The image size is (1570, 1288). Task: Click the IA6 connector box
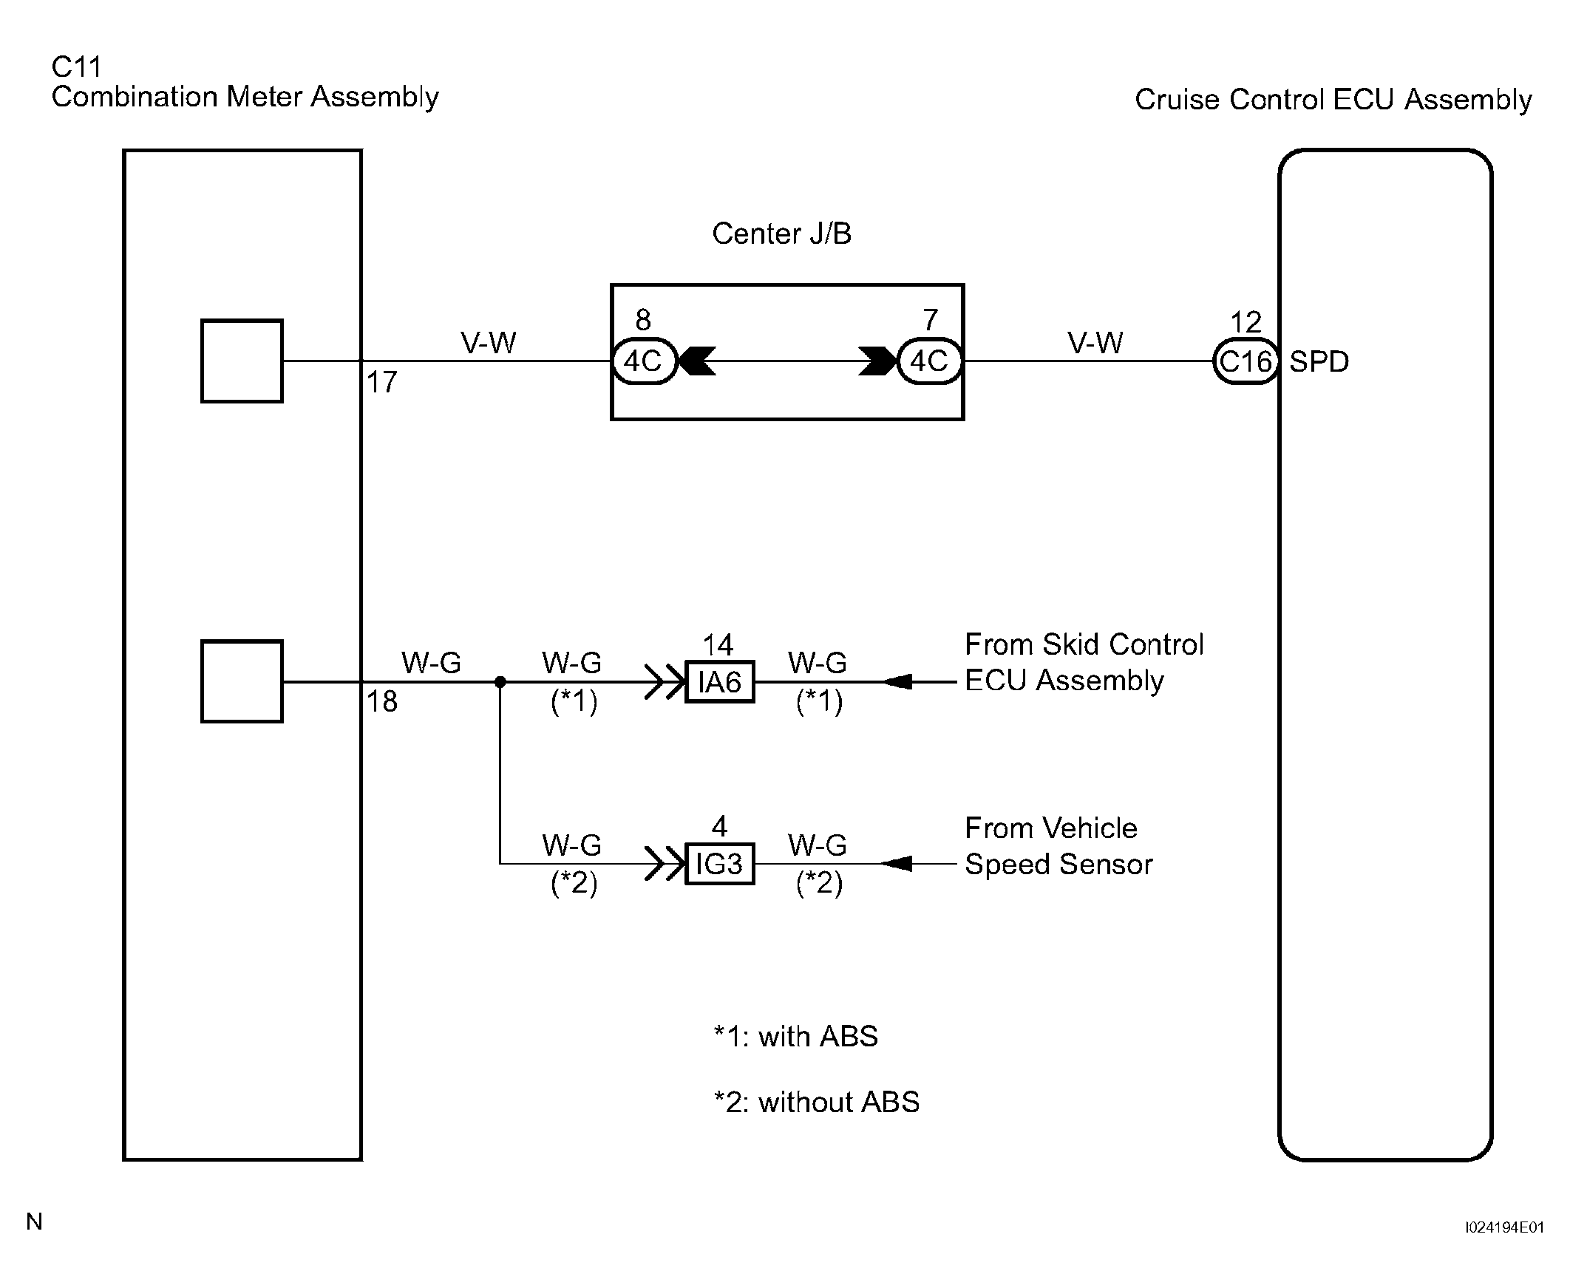click(719, 681)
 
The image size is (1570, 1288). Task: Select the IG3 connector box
click(719, 864)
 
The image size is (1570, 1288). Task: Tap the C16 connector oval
click(1246, 361)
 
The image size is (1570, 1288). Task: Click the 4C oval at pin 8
click(644, 361)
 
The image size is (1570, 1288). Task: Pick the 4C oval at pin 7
click(930, 361)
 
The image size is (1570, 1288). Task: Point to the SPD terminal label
click(1319, 362)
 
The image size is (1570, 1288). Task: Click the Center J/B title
click(781, 234)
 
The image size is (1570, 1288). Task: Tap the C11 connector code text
click(75, 67)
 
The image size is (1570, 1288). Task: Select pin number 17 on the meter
click(382, 383)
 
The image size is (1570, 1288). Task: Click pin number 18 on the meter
click(382, 702)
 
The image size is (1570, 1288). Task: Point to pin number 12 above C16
click(1246, 323)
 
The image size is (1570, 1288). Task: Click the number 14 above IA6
click(718, 645)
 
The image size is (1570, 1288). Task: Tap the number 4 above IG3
click(719, 826)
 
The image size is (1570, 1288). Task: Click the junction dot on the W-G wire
click(500, 682)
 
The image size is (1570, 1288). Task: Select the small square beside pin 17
click(242, 361)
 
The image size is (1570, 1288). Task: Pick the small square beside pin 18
click(242, 681)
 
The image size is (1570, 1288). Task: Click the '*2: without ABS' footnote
click(816, 1103)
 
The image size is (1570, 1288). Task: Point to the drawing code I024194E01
click(1505, 1227)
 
